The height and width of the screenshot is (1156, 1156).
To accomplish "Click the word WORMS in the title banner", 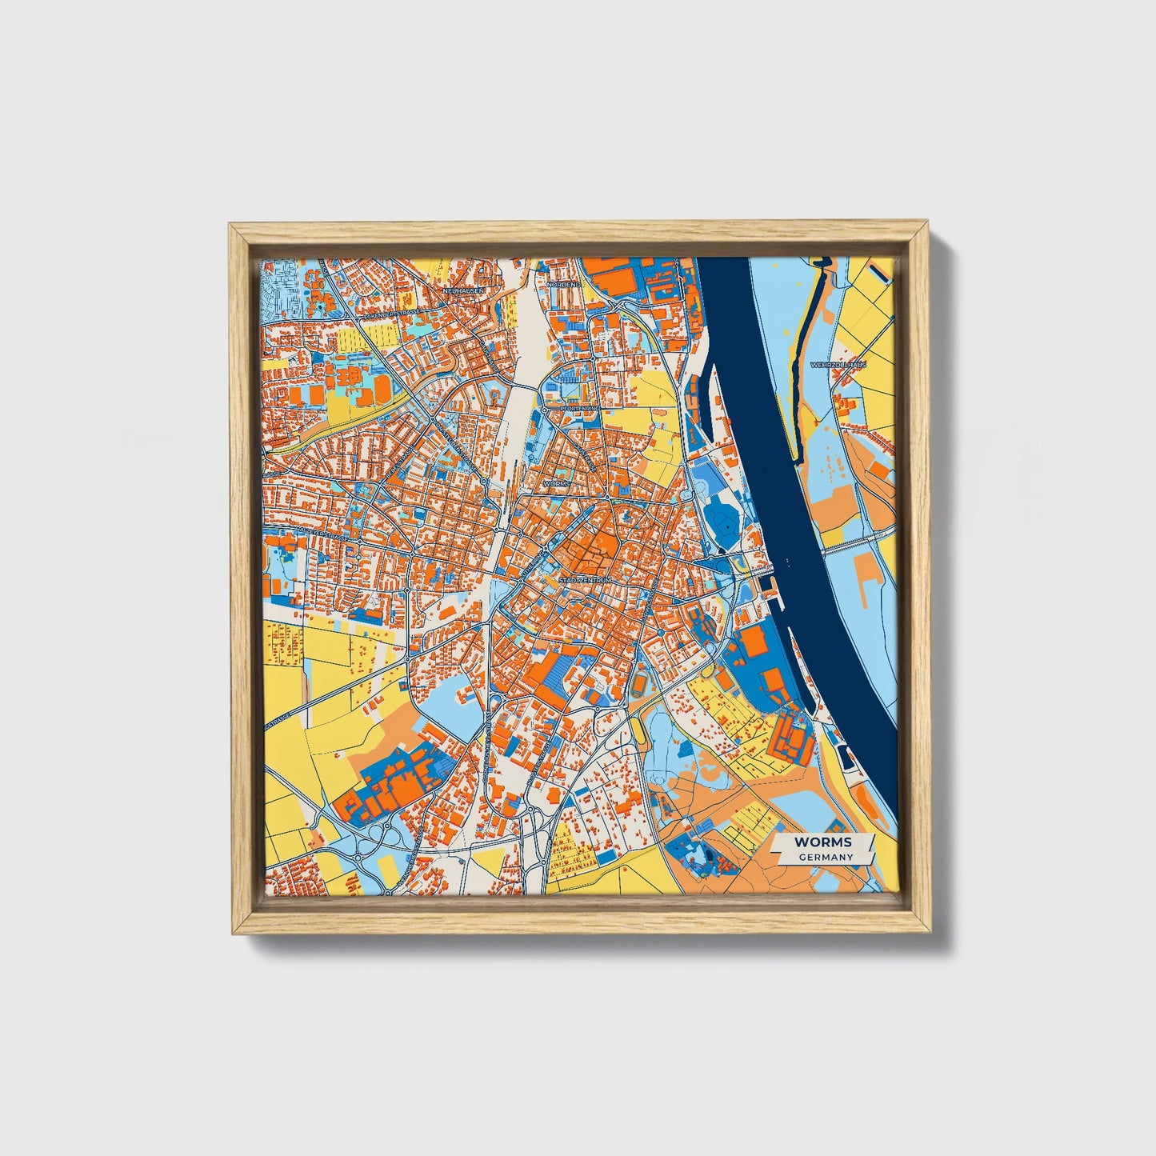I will pyautogui.click(x=822, y=842).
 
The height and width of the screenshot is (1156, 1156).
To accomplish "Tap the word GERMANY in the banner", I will pyautogui.click(x=825, y=857).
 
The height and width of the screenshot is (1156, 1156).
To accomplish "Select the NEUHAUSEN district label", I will pyautogui.click(x=463, y=290).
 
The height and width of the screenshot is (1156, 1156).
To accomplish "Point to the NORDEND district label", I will pyautogui.click(x=563, y=284).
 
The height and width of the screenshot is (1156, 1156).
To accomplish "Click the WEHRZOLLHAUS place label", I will pyautogui.click(x=838, y=364).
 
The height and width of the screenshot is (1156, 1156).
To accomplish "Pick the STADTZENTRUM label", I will pyautogui.click(x=585, y=579).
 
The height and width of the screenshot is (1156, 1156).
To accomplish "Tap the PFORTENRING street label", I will pyautogui.click(x=579, y=408).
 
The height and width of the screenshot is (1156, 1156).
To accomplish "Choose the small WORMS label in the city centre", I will pyautogui.click(x=557, y=484).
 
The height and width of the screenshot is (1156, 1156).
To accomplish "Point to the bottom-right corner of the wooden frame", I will pyautogui.click(x=930, y=932).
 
